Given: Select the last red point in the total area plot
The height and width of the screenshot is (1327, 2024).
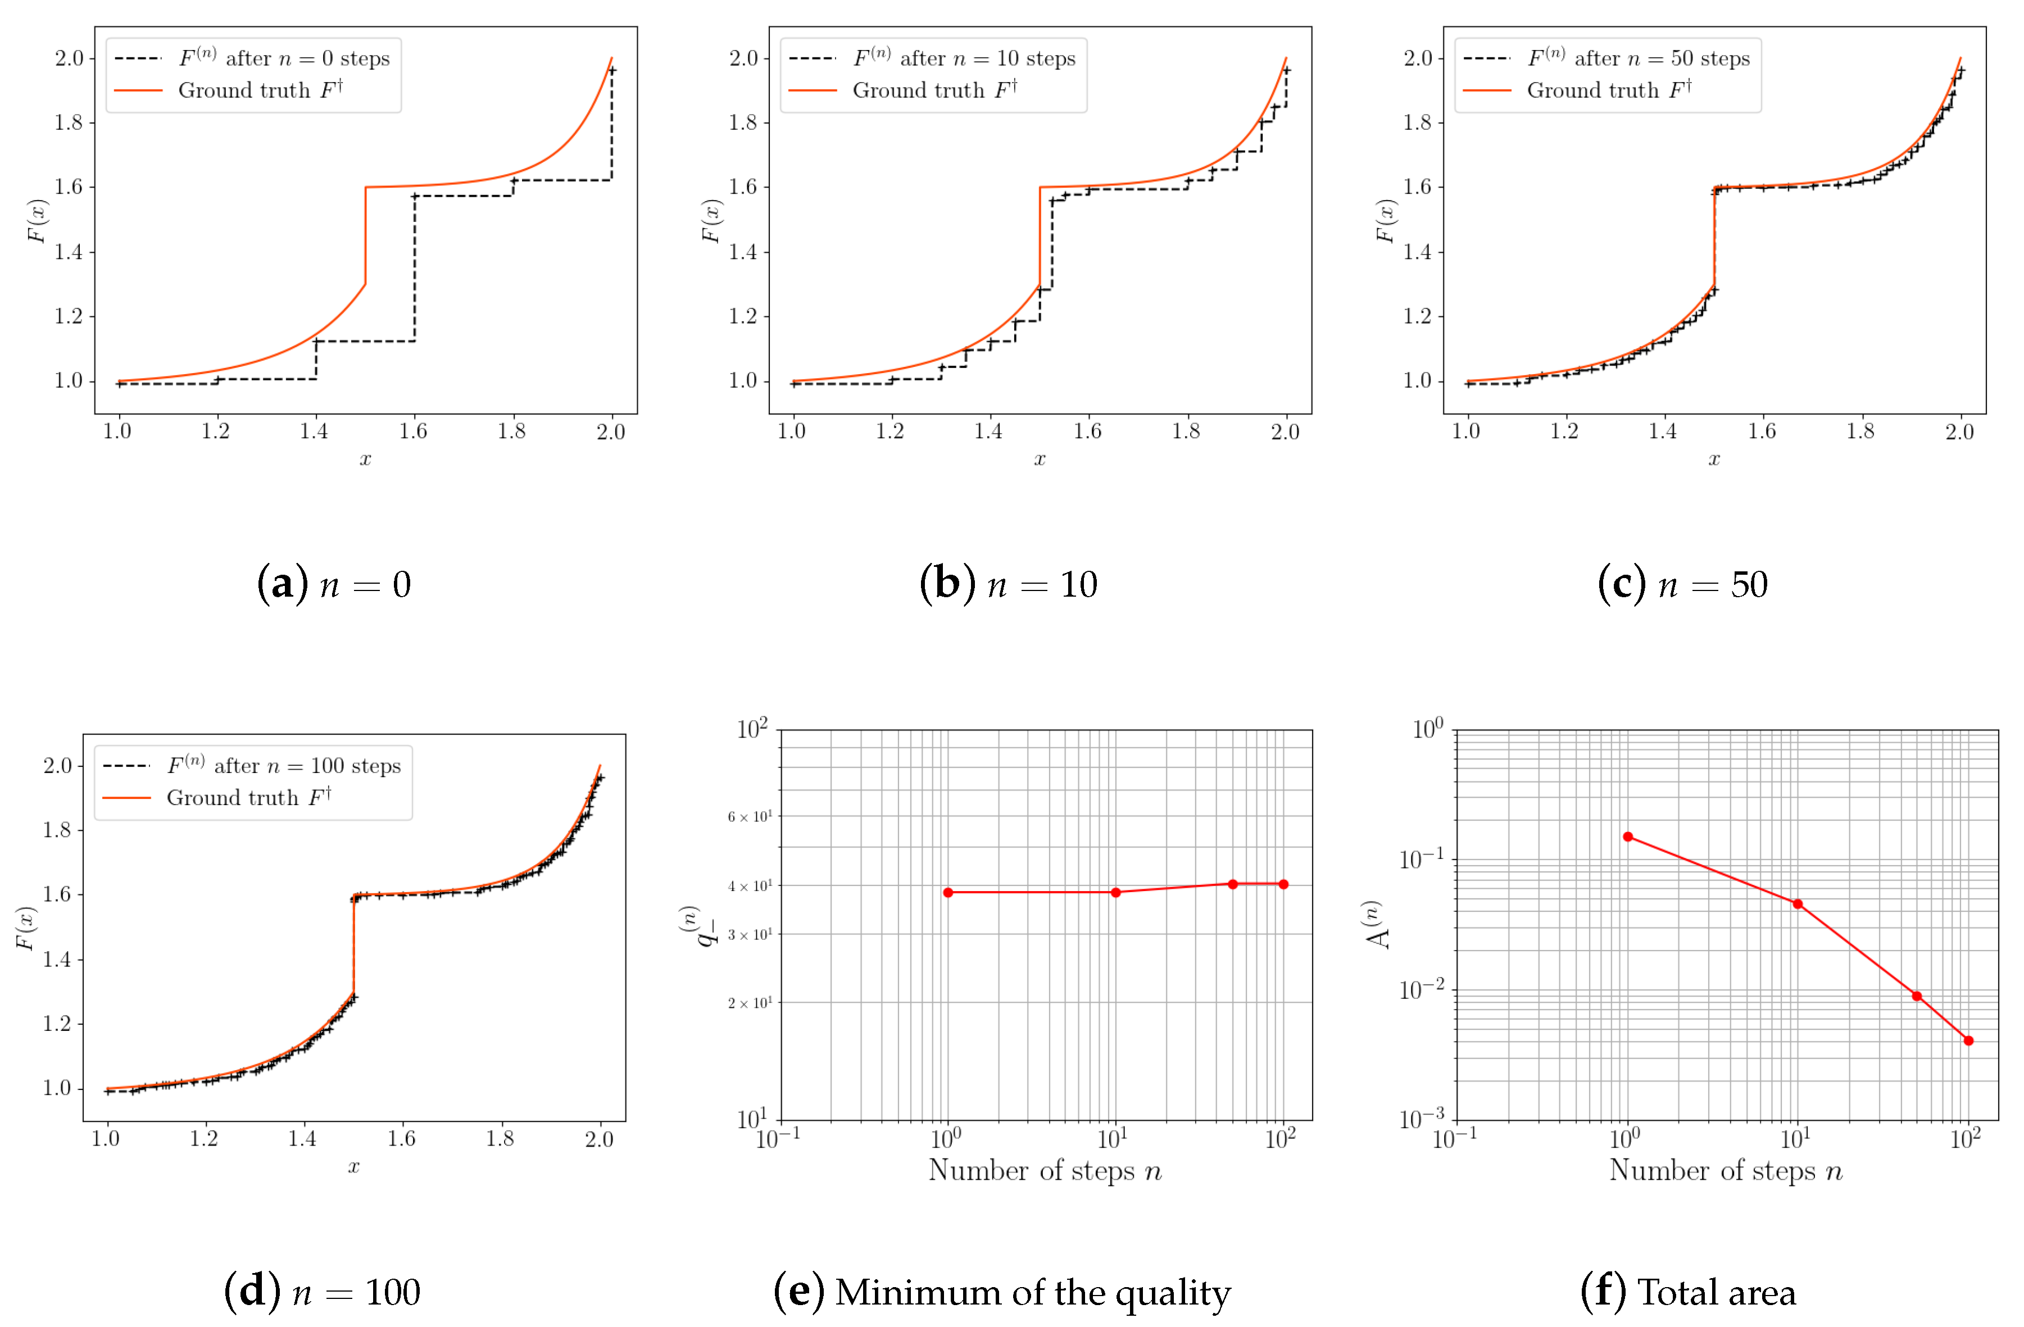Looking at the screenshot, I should (x=1968, y=1040).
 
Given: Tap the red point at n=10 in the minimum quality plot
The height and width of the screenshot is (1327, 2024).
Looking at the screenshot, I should (x=1115, y=893).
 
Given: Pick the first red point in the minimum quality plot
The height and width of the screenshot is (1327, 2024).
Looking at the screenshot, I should (x=947, y=893).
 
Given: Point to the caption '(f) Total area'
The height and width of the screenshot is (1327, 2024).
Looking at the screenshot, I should (x=1687, y=1292).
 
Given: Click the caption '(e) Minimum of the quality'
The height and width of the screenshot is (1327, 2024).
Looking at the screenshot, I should (x=1002, y=1292).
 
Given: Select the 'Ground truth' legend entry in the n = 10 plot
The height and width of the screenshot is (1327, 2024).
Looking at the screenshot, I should (x=934, y=90).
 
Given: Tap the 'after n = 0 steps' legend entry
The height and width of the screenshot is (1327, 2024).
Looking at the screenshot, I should (x=284, y=58).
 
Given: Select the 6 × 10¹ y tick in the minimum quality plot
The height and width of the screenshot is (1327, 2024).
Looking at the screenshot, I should (x=749, y=817).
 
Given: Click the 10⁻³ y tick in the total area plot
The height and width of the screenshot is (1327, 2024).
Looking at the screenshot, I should (x=1421, y=1119).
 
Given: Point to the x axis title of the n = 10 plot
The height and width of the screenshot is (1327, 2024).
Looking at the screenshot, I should (x=1039, y=460).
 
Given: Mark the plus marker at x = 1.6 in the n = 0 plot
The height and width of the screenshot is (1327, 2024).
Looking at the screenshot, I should (x=414, y=197).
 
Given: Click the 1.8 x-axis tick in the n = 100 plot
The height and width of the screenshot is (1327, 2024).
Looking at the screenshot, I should (x=500, y=1139).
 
